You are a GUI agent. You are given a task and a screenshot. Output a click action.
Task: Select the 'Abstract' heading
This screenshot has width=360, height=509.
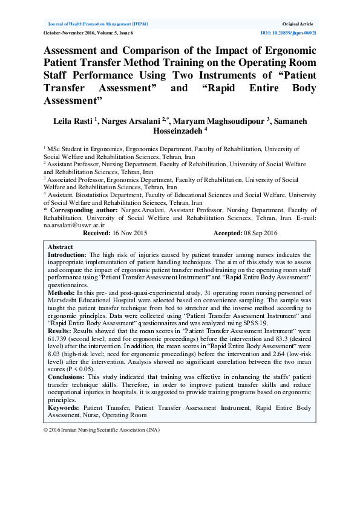60,247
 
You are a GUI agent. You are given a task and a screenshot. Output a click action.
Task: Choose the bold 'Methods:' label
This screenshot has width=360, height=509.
62,292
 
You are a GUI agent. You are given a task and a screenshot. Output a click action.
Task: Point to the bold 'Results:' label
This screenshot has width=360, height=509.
61,332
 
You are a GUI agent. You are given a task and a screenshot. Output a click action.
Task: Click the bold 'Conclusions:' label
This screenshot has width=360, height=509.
67,377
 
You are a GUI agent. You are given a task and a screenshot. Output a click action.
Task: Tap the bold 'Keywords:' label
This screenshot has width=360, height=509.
64,408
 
